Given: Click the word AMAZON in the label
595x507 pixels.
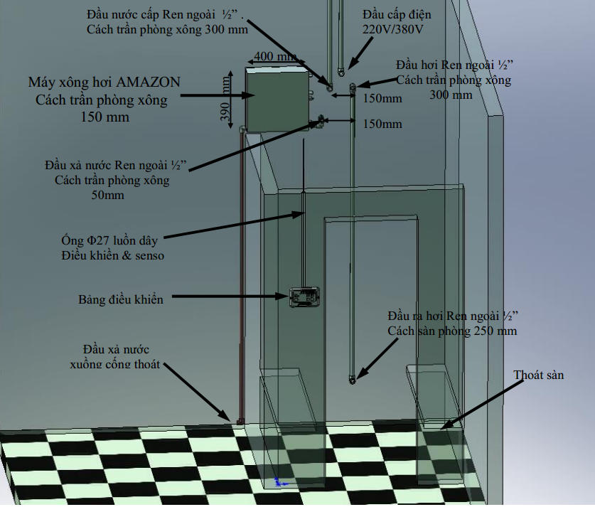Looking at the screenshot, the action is tap(148, 82).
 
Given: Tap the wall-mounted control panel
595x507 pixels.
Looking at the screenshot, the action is tap(304, 297).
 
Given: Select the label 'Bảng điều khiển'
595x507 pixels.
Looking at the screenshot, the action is tap(121, 299).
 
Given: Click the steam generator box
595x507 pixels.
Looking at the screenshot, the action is tap(277, 100).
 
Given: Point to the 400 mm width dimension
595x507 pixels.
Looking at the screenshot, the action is tap(276, 56).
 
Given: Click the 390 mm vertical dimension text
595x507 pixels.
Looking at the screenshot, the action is tap(225, 99).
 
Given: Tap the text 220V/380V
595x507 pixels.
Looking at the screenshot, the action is tap(392, 30).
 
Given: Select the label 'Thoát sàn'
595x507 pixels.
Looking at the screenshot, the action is tap(538, 375).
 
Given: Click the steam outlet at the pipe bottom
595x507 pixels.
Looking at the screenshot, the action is tap(352, 379).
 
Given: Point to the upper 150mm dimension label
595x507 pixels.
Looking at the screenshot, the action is tap(382, 98).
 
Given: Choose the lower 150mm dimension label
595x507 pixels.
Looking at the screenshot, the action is tap(382, 124).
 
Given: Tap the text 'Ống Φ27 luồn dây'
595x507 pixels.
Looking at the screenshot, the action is tap(109, 240).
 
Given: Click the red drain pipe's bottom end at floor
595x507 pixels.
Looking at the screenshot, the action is tap(240, 422).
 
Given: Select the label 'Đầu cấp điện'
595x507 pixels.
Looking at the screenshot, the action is tap(397, 15).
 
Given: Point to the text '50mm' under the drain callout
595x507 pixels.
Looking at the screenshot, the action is tap(107, 195).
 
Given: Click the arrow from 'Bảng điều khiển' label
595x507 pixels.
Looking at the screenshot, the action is tap(231, 297).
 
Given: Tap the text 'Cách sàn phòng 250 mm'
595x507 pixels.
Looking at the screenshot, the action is tap(452, 331).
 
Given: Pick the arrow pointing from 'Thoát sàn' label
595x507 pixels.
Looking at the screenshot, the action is tap(482, 405).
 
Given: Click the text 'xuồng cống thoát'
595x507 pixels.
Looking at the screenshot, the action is tap(114, 364).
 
